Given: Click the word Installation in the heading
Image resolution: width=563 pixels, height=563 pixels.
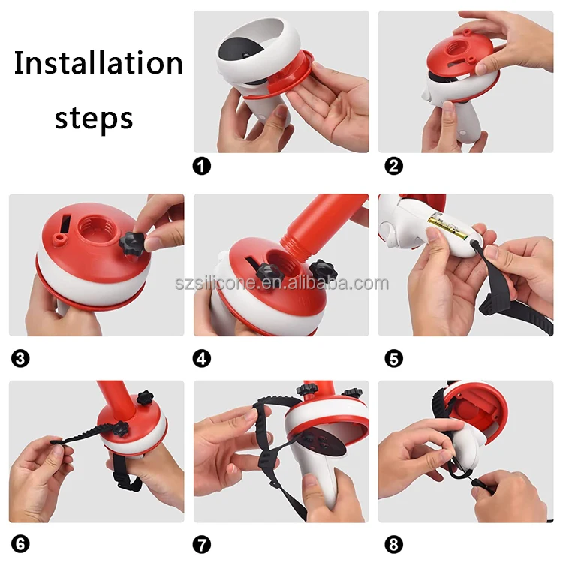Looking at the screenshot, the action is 98,62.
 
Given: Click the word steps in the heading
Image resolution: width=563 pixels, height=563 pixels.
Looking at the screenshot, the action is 94,118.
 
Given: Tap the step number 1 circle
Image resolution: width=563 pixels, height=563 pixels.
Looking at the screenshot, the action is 202,166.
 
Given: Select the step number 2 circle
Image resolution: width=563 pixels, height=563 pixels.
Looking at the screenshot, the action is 393,166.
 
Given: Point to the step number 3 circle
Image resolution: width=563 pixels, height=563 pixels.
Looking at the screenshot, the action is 20,358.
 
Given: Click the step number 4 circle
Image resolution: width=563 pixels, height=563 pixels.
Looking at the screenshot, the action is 202,358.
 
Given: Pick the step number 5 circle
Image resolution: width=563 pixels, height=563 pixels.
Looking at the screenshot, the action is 393,358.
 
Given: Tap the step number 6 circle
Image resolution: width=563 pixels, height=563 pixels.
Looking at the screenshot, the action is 20,544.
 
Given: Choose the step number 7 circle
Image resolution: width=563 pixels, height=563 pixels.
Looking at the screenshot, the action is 202,544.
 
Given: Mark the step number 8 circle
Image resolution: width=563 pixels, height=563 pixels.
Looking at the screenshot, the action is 393,544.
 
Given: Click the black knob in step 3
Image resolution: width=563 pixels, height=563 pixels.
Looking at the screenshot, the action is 132,243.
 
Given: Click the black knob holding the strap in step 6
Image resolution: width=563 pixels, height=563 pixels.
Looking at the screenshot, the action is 122,429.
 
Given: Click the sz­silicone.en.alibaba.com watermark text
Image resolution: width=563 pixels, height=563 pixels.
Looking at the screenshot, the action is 281,283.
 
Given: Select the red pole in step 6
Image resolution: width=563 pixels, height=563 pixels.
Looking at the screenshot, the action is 116,399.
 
